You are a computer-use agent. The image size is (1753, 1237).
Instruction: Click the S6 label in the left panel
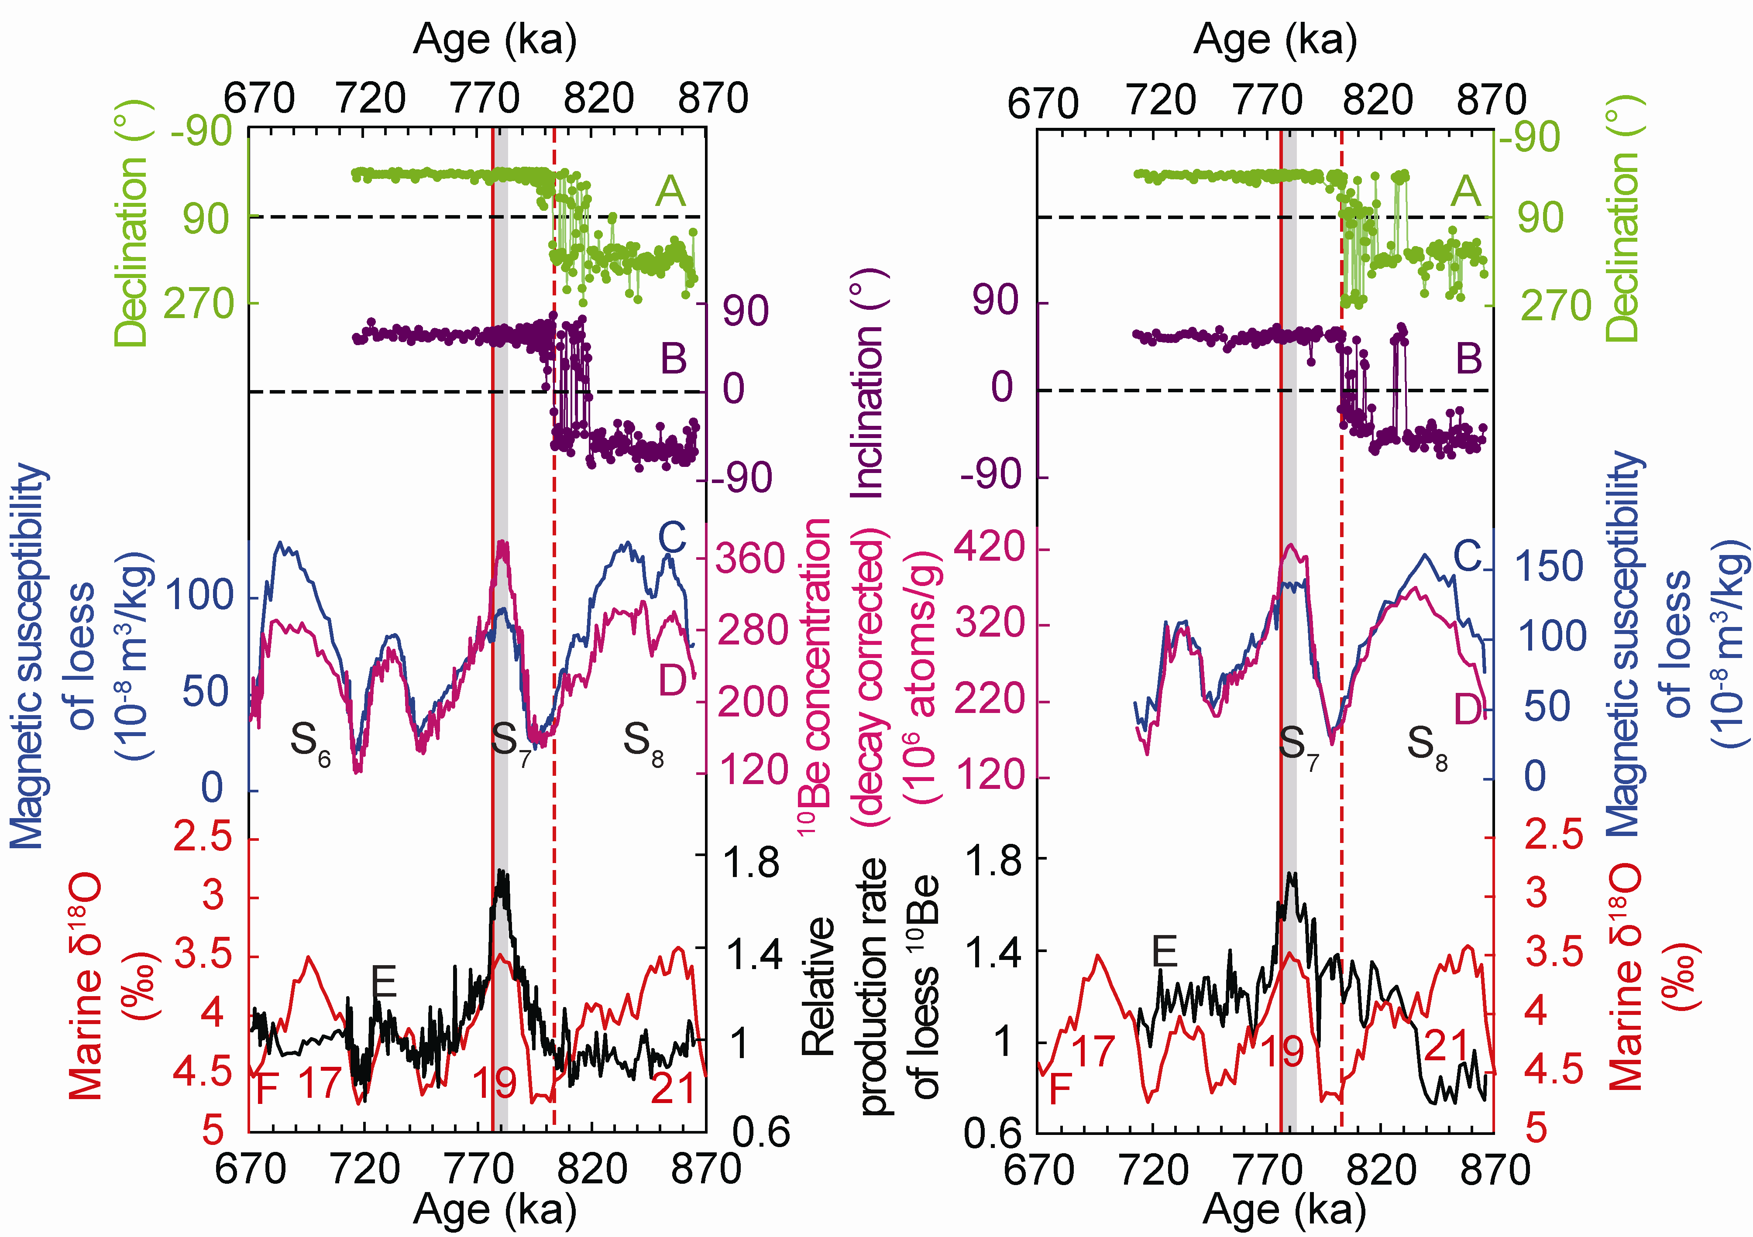tap(309, 742)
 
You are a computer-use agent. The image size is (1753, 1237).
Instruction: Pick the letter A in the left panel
tap(670, 191)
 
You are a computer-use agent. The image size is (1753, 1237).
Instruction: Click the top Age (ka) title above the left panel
tap(494, 40)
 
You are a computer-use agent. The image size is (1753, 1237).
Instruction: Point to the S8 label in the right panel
tap(1426, 744)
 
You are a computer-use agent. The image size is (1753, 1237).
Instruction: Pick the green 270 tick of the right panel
tap(1555, 305)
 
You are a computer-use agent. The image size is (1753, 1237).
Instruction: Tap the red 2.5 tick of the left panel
tap(203, 837)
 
